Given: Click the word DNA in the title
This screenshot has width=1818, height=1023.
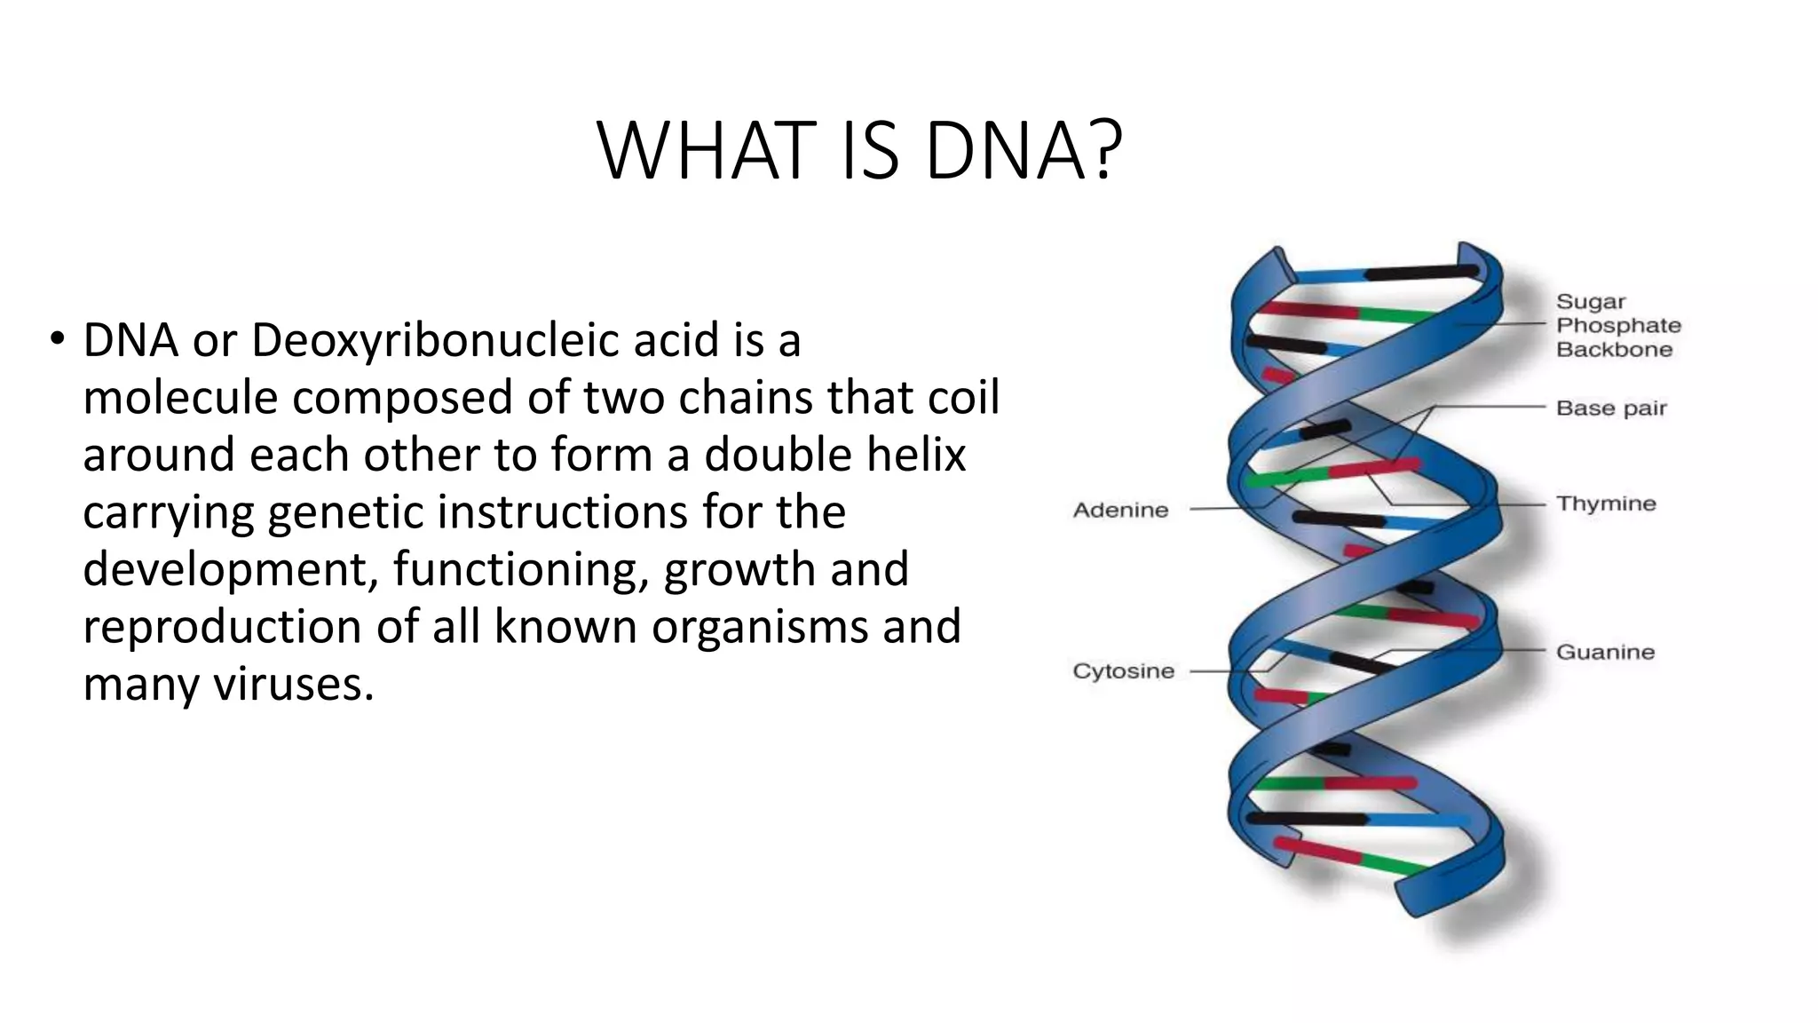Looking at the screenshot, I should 1004,150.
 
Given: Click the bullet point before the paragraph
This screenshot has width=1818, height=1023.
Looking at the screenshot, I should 58,338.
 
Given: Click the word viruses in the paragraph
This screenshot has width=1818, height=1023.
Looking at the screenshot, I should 293,684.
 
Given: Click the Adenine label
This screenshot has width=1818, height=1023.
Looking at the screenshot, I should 1120,510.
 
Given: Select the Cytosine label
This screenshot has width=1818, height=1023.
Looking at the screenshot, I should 1123,670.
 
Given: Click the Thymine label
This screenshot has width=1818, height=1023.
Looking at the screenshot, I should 1606,504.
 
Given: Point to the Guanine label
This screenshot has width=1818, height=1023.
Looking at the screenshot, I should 1605,652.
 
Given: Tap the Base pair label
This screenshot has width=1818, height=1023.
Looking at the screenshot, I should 1611,408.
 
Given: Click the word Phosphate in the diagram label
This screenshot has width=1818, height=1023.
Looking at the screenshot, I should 1618,325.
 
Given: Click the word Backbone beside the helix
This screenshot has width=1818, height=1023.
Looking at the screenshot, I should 1614,349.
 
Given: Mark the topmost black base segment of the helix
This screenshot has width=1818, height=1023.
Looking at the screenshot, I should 1416,271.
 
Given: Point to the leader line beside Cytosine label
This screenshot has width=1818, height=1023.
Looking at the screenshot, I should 1221,670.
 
